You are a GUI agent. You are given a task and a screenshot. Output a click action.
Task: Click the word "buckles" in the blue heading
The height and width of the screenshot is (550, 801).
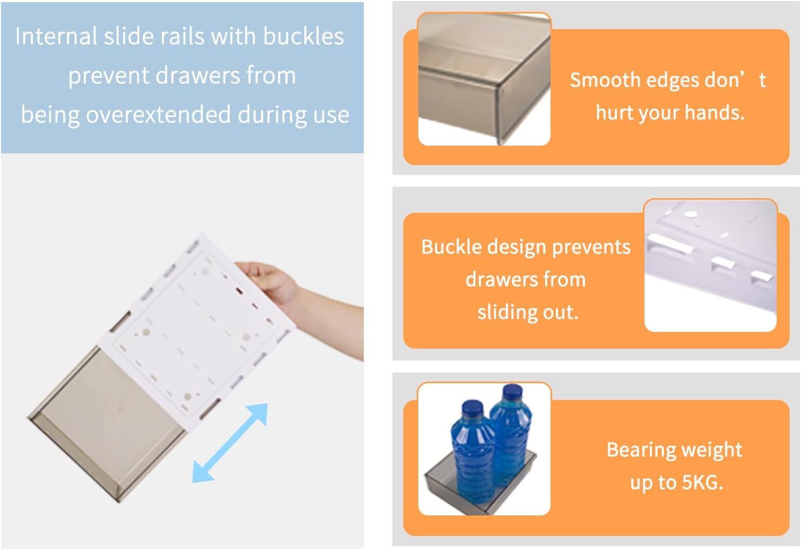(x=303, y=37)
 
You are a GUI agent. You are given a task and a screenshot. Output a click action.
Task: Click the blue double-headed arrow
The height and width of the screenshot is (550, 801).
(x=230, y=443)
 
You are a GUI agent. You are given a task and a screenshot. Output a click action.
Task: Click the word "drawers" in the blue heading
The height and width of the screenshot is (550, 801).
(x=199, y=76)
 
